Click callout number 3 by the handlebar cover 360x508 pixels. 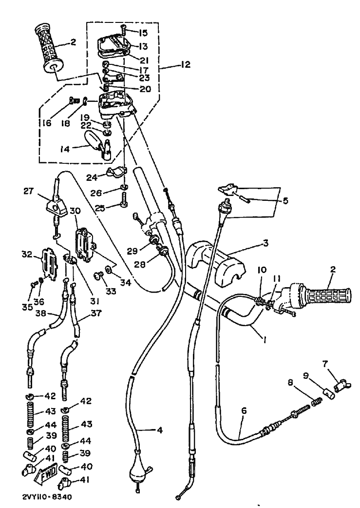266,242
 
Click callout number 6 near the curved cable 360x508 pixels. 244,410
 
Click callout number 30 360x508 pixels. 75,211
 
